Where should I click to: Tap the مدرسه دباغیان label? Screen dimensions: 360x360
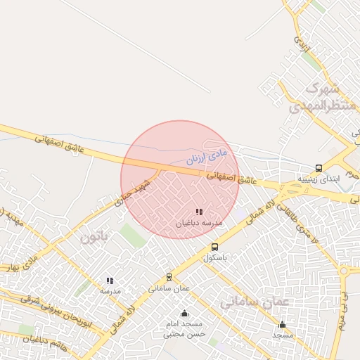pos(199,222)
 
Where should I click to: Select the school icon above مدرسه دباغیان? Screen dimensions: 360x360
pos(200,212)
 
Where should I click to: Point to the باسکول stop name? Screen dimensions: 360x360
pos(214,257)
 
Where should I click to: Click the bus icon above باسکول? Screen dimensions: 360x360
pos(214,247)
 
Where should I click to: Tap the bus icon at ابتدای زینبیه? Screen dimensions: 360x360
pos(319,168)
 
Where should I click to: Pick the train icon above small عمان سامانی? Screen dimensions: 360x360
pos(169,277)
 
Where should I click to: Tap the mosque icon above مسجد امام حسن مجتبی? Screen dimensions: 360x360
pos(184,313)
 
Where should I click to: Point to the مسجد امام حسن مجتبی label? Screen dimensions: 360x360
pos(184,329)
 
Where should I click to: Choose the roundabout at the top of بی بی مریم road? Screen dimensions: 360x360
pos(345,270)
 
